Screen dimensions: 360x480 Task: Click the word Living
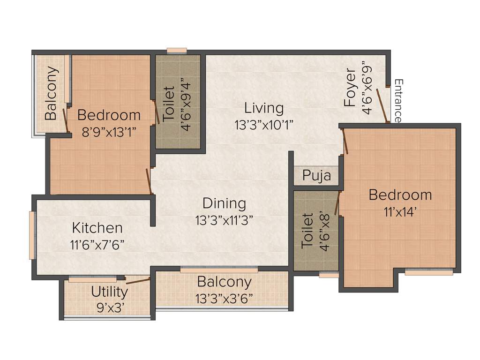click(264, 109)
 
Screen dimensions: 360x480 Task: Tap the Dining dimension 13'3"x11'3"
click(224, 220)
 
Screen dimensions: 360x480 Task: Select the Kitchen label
click(97, 228)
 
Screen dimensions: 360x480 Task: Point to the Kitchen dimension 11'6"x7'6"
click(97, 245)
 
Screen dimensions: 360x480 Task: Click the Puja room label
click(316, 176)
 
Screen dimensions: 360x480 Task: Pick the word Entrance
click(398, 101)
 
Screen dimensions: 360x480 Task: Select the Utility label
click(109, 292)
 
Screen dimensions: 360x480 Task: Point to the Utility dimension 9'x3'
click(109, 308)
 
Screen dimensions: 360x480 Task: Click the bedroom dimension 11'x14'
click(400, 211)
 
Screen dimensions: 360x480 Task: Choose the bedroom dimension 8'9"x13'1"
click(109, 132)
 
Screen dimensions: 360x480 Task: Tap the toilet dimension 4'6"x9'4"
click(186, 105)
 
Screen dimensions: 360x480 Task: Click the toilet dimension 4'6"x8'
click(324, 231)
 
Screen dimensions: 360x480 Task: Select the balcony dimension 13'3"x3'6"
click(224, 299)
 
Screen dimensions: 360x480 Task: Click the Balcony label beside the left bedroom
click(52, 93)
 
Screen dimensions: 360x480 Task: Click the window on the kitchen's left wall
click(32, 235)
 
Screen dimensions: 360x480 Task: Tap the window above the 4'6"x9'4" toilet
click(177, 50)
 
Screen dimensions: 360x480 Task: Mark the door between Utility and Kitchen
click(138, 281)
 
